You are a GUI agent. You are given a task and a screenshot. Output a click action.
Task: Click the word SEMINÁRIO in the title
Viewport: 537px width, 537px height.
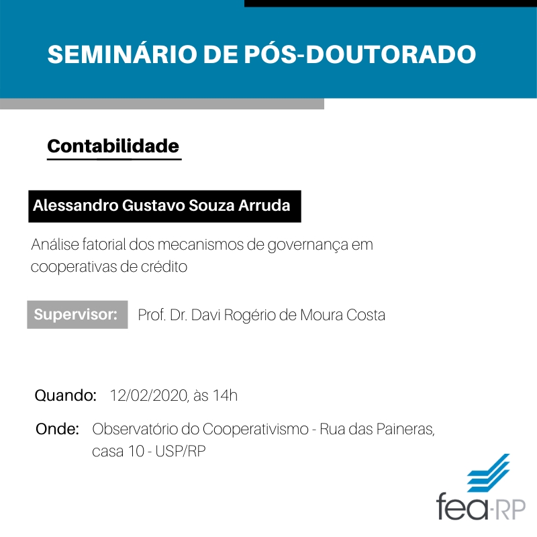(122, 54)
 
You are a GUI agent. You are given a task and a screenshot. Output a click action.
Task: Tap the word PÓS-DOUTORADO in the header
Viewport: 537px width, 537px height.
(360, 54)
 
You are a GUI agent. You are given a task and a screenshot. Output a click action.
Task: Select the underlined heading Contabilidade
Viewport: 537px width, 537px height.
(113, 146)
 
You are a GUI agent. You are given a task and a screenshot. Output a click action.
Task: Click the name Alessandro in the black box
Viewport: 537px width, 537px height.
(75, 205)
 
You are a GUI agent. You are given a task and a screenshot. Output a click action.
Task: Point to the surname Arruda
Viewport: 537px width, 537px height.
(264, 205)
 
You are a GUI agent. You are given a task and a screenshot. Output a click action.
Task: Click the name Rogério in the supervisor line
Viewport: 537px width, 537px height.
(250, 315)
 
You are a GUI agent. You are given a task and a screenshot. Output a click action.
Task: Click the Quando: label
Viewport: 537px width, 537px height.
(65, 395)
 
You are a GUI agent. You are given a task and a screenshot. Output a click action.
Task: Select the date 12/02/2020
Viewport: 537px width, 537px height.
(149, 395)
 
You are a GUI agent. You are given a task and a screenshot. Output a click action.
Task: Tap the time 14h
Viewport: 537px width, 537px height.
(225, 395)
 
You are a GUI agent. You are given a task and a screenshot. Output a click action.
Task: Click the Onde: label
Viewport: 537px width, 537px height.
(57, 429)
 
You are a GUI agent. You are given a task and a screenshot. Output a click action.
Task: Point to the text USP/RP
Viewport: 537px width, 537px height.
(180, 451)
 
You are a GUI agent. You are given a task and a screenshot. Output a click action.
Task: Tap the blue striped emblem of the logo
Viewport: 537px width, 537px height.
(489, 473)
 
